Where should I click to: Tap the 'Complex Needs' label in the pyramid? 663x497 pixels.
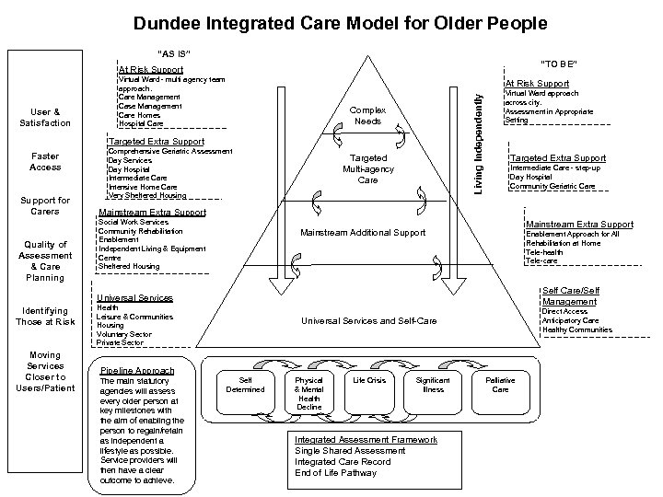367,115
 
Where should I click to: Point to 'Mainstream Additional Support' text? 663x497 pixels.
363,233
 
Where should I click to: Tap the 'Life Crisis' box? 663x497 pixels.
369,379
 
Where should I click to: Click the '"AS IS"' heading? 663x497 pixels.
175,52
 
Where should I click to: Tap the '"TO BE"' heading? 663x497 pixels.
559,64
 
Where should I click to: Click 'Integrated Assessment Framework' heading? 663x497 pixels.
366,440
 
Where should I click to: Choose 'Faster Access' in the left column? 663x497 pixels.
45,162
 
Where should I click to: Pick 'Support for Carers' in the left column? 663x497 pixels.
45,206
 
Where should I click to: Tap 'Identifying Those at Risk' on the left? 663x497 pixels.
45,316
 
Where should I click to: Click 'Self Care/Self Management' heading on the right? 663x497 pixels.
571,295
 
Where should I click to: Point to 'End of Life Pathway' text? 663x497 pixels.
336,473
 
